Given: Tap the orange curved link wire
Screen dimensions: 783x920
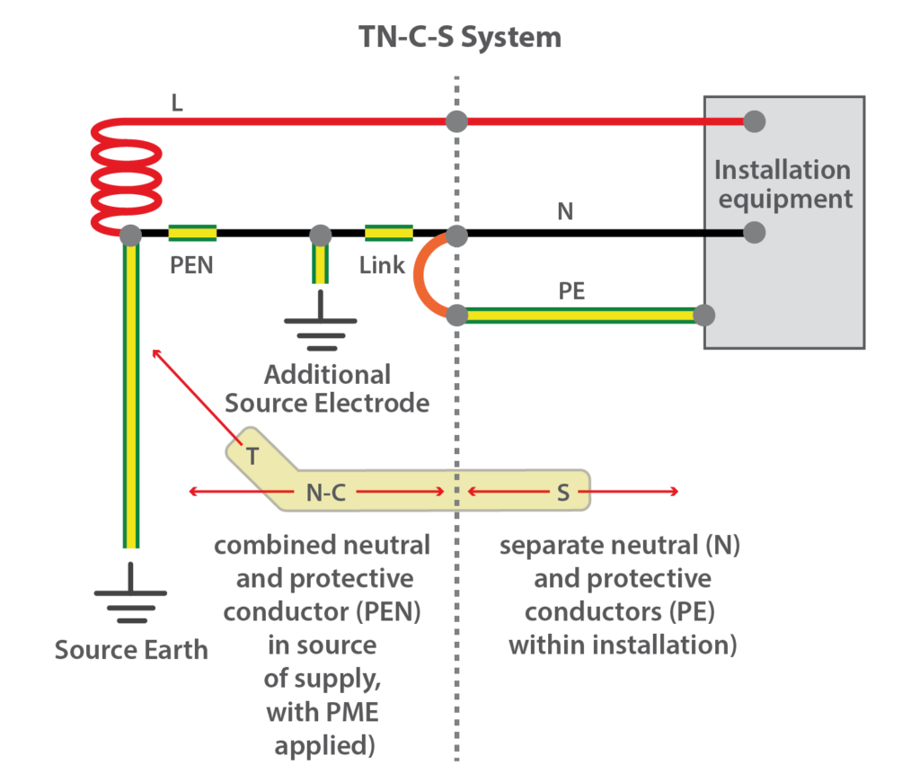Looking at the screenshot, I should [x=423, y=275].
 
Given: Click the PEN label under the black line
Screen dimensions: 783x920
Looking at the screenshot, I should [x=191, y=266].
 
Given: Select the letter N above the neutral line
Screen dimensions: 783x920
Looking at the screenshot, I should [x=566, y=212].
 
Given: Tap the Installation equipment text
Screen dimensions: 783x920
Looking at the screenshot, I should [x=782, y=183].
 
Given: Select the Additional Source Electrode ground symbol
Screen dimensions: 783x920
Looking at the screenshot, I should [x=321, y=328].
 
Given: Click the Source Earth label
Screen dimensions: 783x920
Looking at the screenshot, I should [x=131, y=649].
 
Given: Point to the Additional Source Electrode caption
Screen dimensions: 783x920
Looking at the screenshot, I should [x=327, y=388].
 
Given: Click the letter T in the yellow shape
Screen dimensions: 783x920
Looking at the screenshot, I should [x=253, y=457].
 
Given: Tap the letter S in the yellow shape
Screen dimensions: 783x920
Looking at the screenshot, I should [x=563, y=492].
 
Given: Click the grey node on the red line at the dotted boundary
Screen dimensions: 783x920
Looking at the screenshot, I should [x=457, y=120].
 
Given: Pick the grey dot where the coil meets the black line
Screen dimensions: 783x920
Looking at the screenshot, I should [x=130, y=235].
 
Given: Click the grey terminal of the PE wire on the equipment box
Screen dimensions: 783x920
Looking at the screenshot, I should [x=704, y=316].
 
